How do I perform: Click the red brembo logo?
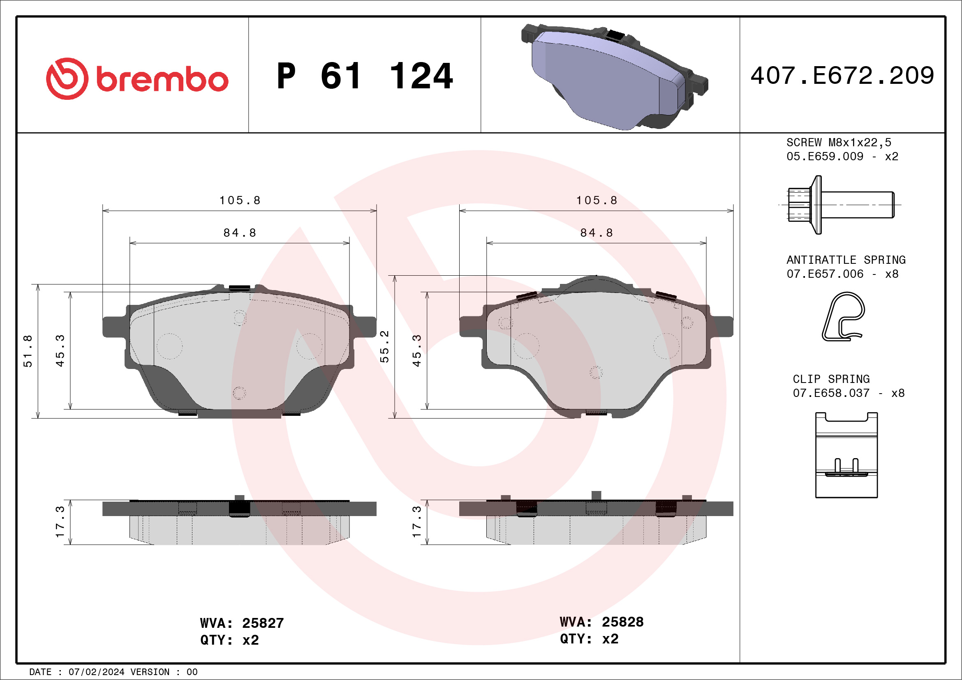coord(137,79)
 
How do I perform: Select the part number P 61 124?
coord(365,76)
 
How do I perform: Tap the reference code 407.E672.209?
coord(842,76)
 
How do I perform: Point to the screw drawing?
coord(840,205)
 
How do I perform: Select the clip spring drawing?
coord(846,455)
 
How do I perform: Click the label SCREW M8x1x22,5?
coord(838,142)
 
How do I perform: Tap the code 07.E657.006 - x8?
coord(842,274)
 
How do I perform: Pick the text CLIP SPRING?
coord(831,379)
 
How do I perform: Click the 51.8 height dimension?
coord(28,351)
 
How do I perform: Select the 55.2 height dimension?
coord(384,347)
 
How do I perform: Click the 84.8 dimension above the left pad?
coord(240,233)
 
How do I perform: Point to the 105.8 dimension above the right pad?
coord(597,201)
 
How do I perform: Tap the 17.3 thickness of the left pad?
coord(60,522)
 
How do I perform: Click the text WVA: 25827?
coord(242,623)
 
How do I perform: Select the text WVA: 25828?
coord(601,622)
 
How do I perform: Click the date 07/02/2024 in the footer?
coord(96,672)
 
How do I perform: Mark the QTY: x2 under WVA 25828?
coord(589,639)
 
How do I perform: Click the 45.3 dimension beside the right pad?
coord(416,351)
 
